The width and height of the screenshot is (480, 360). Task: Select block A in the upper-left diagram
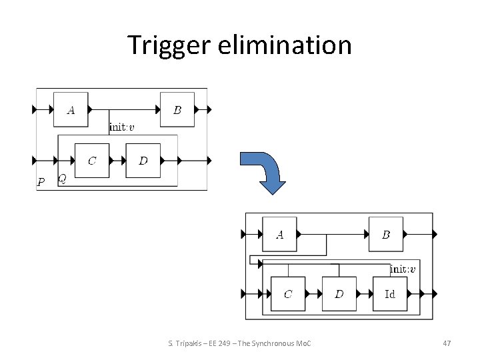[x=71, y=109]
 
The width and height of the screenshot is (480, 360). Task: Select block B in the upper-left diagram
[x=177, y=109]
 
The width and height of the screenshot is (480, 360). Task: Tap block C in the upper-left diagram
[x=91, y=161]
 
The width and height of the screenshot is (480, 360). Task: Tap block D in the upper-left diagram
[x=143, y=161]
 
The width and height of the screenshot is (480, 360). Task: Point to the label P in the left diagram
[x=41, y=182]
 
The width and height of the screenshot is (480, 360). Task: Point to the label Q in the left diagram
[x=62, y=178]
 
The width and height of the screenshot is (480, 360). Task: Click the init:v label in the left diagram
[x=121, y=127]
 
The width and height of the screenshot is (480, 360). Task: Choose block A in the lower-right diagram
[x=279, y=234]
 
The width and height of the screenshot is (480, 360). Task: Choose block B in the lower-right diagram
[x=386, y=234]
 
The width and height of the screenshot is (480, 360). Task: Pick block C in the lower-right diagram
[x=288, y=294]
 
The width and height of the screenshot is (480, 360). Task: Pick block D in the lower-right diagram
[x=339, y=294]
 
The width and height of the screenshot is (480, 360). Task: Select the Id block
[x=390, y=294]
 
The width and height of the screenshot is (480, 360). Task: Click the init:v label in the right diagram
[x=403, y=269]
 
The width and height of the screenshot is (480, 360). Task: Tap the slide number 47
[x=447, y=343]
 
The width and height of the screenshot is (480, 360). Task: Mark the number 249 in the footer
[x=228, y=343]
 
